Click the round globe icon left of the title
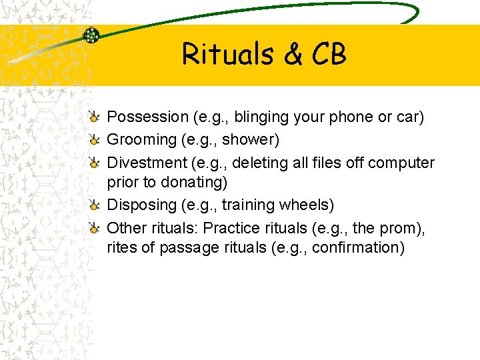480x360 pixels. (x=91, y=35)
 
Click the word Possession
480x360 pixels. (x=147, y=117)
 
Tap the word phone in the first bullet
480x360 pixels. (x=352, y=117)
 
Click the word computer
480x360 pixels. (x=401, y=163)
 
